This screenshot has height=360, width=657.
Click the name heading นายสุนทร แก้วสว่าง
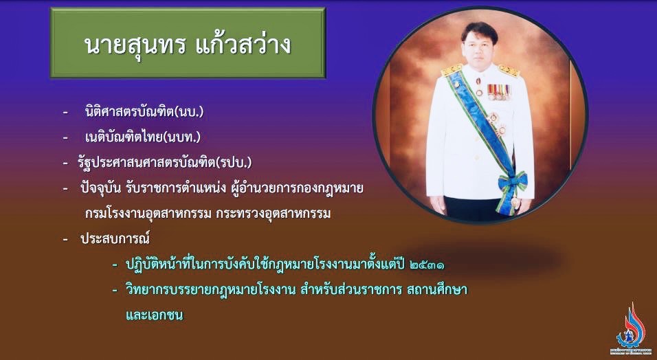[188, 44]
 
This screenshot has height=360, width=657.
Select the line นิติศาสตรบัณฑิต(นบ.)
[144, 112]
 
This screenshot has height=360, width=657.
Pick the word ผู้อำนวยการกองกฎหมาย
[297, 188]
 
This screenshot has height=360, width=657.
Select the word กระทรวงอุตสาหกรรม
[274, 214]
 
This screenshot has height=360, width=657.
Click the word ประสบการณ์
[115, 239]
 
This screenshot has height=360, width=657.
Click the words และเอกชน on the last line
[154, 315]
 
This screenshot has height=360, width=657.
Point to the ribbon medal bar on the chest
[499, 91]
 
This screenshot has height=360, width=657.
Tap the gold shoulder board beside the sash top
[452, 69]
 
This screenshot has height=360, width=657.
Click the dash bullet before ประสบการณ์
[65, 239]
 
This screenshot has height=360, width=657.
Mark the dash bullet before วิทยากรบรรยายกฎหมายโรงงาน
[115, 290]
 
